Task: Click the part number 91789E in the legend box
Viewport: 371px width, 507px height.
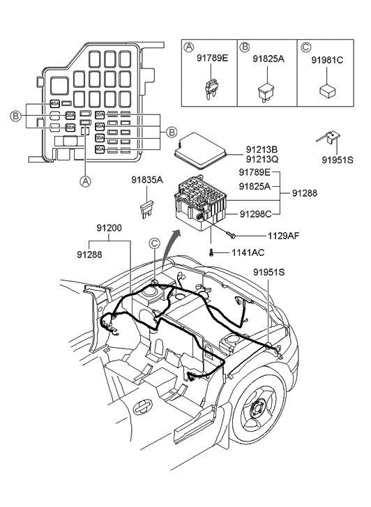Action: coord(211,59)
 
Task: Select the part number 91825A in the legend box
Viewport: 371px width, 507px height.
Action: coord(269,59)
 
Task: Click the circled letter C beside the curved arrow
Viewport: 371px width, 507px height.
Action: coord(155,243)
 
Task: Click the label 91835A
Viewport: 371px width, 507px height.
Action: coord(147,181)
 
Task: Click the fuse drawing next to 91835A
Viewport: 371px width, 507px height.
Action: coord(146,208)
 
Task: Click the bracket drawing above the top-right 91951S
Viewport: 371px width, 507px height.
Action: coord(331,137)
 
